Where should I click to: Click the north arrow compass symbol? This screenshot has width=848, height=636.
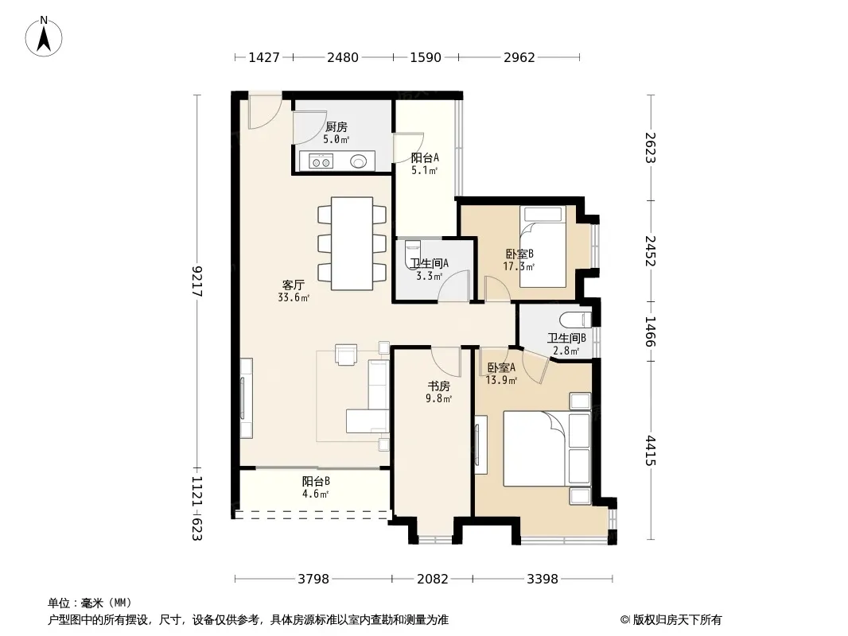(x=44, y=37)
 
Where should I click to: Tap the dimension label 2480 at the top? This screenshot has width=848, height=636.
(x=342, y=57)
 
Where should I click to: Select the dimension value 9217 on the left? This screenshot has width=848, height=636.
(x=196, y=281)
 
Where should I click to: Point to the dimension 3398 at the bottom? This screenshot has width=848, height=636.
(x=543, y=579)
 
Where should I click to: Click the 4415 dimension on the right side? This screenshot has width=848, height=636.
(x=650, y=451)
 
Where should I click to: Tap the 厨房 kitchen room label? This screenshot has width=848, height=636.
(x=336, y=127)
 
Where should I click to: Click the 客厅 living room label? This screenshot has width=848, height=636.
(x=293, y=285)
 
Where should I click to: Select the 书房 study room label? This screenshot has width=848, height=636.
(x=438, y=386)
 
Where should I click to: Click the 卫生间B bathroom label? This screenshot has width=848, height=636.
(x=566, y=338)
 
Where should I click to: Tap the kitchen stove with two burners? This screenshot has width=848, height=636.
(x=320, y=161)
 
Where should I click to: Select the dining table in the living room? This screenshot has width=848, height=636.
(x=352, y=244)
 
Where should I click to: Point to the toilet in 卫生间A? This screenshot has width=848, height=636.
(x=413, y=253)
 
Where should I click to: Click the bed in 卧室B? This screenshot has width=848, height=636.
(x=543, y=246)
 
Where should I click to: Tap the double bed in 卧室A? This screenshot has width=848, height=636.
(x=547, y=448)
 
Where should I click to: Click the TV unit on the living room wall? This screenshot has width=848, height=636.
(x=246, y=397)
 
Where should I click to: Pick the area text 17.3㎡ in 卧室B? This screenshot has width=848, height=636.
(x=519, y=266)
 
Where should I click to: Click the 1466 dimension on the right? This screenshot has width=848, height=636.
(x=650, y=332)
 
